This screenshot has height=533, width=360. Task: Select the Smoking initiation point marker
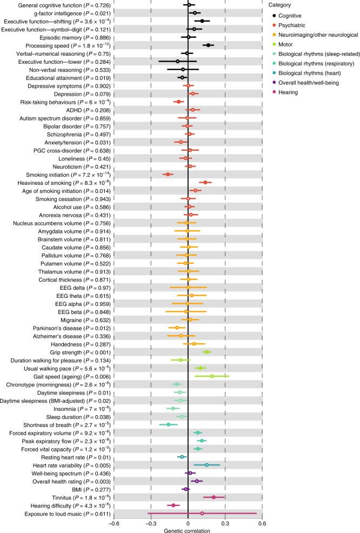click(168, 175)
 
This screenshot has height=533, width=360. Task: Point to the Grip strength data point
click(206, 352)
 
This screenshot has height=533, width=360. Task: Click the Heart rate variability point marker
click(206, 464)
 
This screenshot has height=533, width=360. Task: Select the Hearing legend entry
click(291, 92)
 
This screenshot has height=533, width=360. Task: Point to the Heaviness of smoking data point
click(205, 183)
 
